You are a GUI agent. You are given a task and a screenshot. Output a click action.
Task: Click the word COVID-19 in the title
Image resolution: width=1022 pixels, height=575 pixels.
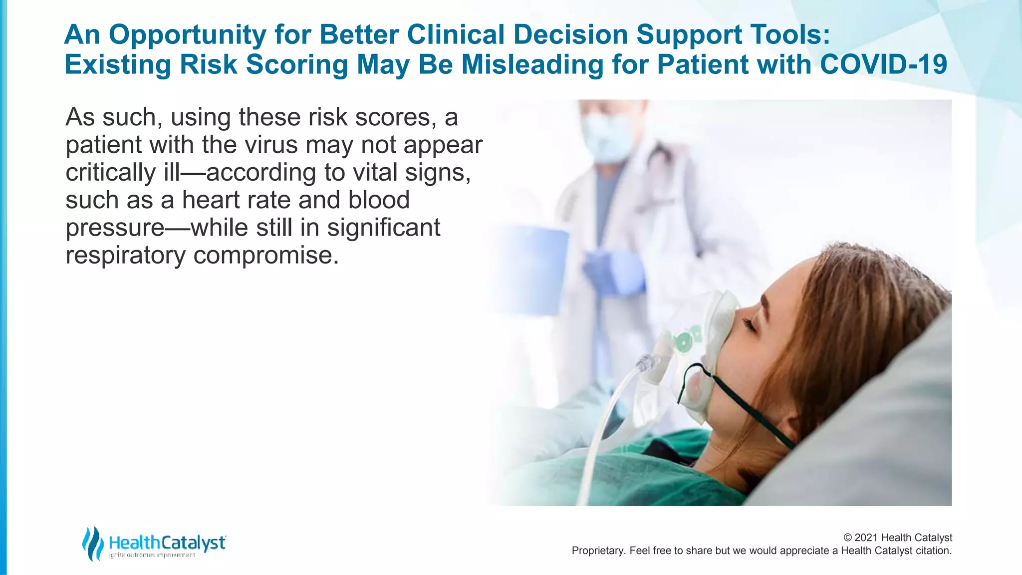[883, 64]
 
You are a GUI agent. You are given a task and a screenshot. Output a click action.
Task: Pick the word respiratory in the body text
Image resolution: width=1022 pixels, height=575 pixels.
[125, 256]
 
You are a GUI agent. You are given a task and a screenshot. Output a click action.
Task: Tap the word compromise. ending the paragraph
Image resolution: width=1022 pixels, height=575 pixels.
[266, 256]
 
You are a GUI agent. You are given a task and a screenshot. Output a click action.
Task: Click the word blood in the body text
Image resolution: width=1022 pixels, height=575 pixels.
[379, 200]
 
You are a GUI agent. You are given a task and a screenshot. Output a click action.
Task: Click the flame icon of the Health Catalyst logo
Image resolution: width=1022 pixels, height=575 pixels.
[92, 543]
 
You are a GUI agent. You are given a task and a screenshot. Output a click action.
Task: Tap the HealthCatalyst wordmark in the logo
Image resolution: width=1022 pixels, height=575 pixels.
[167, 542]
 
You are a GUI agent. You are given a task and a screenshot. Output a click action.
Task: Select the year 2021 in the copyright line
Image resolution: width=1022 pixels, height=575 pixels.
[866, 538]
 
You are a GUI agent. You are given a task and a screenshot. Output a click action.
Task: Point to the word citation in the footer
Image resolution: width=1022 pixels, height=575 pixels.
[933, 551]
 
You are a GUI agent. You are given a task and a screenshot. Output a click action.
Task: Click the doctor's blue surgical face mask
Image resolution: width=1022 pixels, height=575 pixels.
[605, 137]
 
